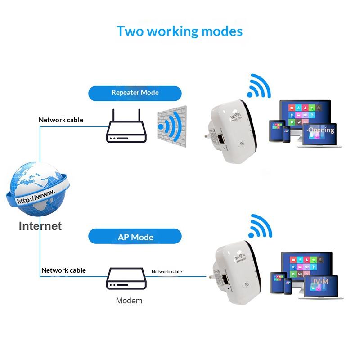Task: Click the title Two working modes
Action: coord(180,31)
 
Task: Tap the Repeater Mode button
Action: coord(135,93)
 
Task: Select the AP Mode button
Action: coord(135,237)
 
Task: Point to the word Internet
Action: coord(40,225)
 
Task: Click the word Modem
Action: coord(129,301)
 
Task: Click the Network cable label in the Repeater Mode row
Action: coord(61,120)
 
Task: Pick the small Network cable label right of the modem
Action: coord(166,271)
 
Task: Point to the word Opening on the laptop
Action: coord(321,130)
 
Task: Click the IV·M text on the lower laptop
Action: coord(319,282)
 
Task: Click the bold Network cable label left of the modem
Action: coord(63,270)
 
